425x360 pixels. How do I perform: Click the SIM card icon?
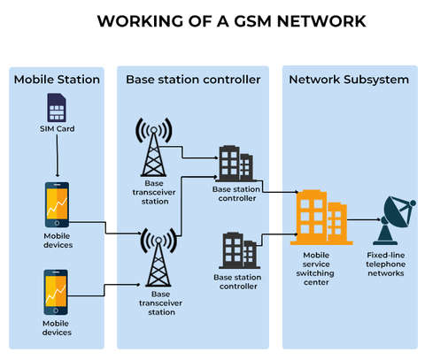[57, 108]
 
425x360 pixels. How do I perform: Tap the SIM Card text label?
[58, 129]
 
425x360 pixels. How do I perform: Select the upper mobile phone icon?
[57, 204]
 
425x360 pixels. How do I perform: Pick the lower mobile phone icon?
[56, 292]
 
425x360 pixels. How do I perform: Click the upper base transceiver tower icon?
[153, 148]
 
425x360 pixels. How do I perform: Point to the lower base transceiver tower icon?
[158, 257]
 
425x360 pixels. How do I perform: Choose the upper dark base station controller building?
[236, 164]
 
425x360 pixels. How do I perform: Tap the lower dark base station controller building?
[239, 250]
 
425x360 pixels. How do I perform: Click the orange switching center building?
[321, 218]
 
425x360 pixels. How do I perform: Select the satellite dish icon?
[394, 220]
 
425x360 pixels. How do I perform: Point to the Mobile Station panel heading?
[57, 80]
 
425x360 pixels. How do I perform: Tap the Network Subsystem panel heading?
[349, 80]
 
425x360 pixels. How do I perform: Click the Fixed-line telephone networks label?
[385, 264]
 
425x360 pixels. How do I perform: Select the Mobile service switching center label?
[315, 269]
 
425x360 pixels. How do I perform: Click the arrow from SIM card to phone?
[58, 156]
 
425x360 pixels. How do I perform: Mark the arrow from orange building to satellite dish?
[364, 219]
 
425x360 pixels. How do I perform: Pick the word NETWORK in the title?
[321, 21]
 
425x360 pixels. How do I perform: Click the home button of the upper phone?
[57, 223]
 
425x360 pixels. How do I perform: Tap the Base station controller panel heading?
[193, 80]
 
